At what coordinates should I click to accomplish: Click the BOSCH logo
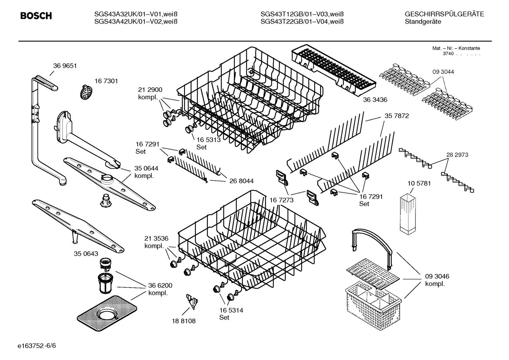pos(36,16)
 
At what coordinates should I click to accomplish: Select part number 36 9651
pos(65,66)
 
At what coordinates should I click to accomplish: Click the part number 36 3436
pos(375,100)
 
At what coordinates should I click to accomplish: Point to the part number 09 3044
pos(443,72)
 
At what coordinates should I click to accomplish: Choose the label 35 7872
pos(397,116)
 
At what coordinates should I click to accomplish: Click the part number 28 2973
pos(457,155)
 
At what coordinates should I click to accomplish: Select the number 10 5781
pos(419,183)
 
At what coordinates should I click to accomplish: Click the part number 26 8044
pos(241,181)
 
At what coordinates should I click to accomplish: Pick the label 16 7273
pos(282,200)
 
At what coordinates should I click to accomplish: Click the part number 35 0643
pos(86,254)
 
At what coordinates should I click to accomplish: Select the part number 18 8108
pos(184,321)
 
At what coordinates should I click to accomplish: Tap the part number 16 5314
pos(231,310)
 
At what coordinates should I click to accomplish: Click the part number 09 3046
pos(437,276)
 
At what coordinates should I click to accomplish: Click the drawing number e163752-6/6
pos(36,345)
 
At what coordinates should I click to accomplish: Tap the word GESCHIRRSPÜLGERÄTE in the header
pos(444,14)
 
